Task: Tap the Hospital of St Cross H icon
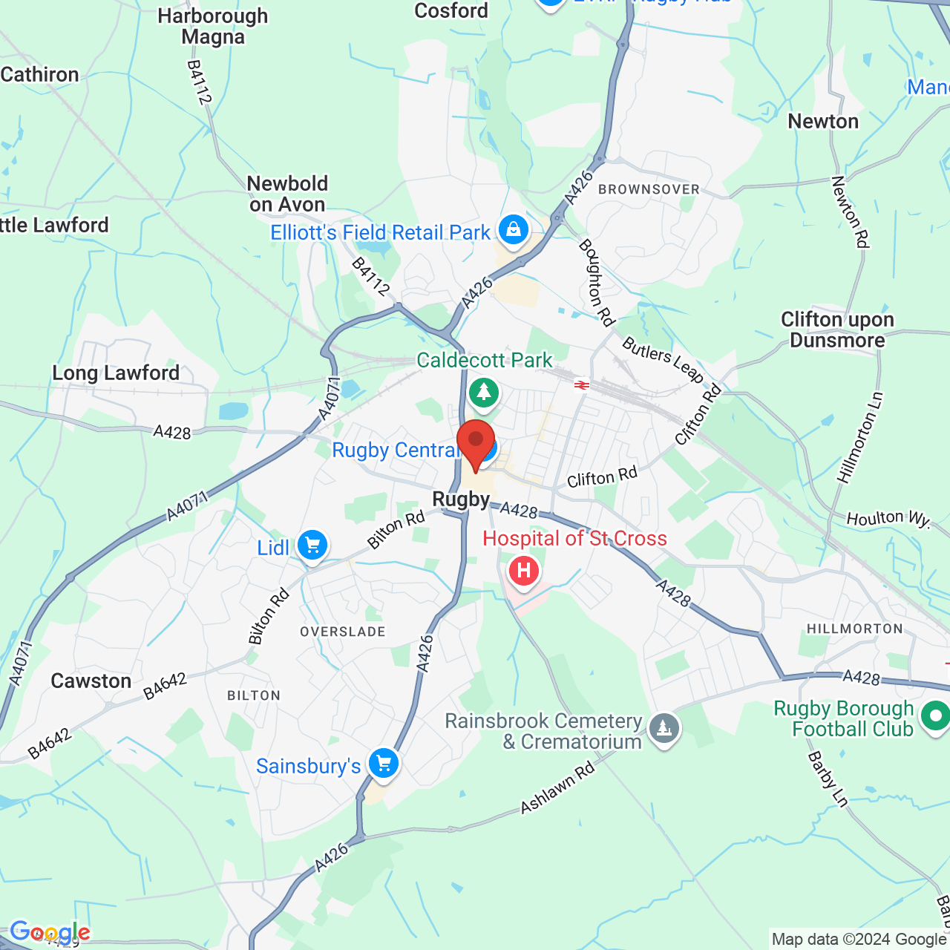click(524, 571)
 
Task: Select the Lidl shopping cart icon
click(312, 546)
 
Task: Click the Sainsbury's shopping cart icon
click(384, 762)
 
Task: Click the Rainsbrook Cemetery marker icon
click(664, 728)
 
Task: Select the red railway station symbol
click(581, 384)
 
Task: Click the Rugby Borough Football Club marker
click(934, 716)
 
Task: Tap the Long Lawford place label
click(116, 373)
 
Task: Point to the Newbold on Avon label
click(287, 194)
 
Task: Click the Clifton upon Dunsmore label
click(837, 330)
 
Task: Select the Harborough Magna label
click(213, 26)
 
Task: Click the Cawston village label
click(91, 681)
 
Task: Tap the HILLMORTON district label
click(855, 629)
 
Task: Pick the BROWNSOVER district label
click(649, 189)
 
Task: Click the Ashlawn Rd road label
click(558, 787)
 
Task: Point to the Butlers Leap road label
click(663, 360)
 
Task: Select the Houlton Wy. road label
click(888, 518)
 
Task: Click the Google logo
click(50, 932)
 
